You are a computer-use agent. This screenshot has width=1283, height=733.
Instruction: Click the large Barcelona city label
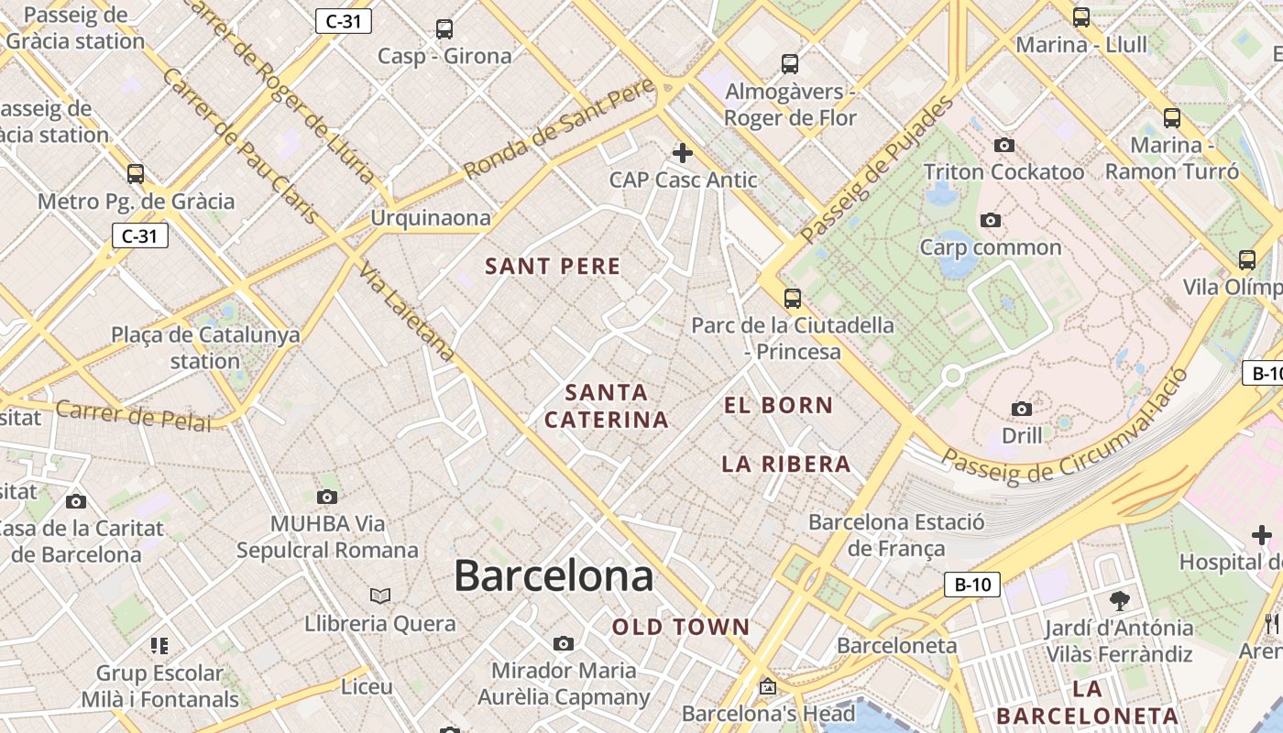pos(554,576)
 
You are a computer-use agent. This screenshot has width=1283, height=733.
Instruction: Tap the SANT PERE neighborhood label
pos(553,267)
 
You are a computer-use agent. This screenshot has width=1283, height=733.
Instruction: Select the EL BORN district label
pos(778,405)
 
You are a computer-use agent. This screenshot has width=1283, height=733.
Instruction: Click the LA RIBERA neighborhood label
pos(786,464)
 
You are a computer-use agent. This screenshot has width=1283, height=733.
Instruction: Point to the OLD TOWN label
pos(681,628)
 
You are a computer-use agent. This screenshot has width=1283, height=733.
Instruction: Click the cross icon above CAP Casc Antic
pos(683,153)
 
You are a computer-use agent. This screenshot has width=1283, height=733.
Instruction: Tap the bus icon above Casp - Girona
pos(444,29)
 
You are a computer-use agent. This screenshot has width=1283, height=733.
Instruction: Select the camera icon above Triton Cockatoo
pos(1003,145)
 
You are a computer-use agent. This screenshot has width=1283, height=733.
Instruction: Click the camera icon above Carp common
pos(990,220)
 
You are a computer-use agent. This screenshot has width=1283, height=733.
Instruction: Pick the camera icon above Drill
pos(1021,409)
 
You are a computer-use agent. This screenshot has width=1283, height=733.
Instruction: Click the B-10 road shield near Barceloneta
pos(972,585)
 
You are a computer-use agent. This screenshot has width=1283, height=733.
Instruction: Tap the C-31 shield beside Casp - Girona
pos(343,21)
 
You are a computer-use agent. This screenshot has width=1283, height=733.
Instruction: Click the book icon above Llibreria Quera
pos(380,596)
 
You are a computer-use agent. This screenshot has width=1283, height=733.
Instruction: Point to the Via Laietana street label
pos(407,312)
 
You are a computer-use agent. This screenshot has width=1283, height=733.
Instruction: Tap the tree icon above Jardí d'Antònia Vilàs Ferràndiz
pos(1119,601)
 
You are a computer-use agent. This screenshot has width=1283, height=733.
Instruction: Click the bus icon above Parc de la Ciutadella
pos(792,298)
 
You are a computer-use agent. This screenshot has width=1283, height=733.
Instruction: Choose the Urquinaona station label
pos(430,218)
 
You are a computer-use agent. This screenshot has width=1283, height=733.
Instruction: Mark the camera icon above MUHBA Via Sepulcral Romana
pos(327,497)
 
